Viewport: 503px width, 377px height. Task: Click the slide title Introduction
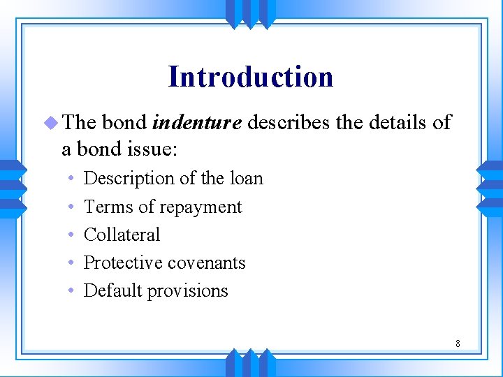250,77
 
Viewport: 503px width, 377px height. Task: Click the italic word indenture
197,124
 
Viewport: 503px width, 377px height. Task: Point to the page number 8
458,343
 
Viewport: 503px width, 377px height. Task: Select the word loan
245,179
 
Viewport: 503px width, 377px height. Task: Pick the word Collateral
122,235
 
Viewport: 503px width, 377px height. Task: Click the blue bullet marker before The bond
53,124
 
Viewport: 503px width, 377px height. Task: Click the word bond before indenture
124,124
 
